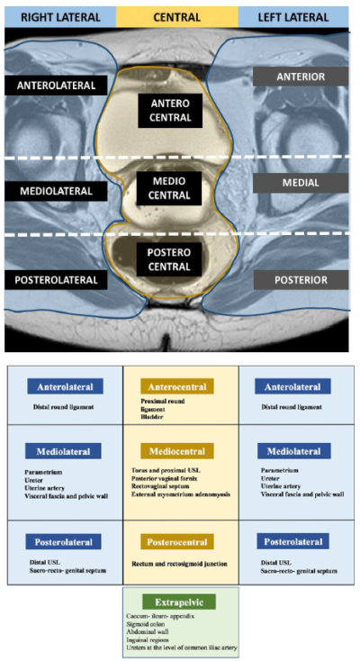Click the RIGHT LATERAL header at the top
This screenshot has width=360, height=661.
coord(58,15)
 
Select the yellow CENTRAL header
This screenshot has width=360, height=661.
coord(177,15)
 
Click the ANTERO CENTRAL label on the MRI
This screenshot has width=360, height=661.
coord(177,109)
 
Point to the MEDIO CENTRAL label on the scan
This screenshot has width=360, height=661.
coord(177,190)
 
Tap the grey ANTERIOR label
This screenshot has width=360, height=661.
coord(301,77)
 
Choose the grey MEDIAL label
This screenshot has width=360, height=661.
coord(301,183)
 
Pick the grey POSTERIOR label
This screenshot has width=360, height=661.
coord(301,280)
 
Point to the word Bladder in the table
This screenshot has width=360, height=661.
coord(154,418)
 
